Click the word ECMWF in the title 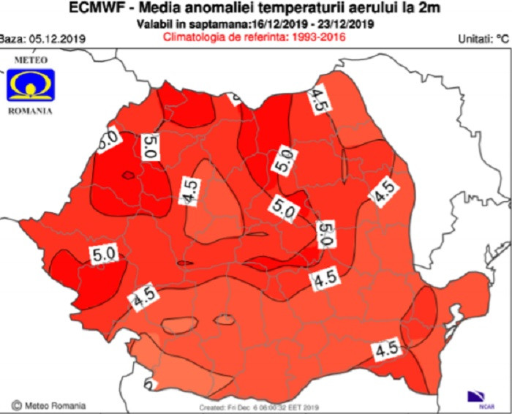coord(95,10)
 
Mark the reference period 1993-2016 coord(320,36)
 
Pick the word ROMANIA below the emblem coord(29,112)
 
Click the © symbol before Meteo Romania coord(15,404)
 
